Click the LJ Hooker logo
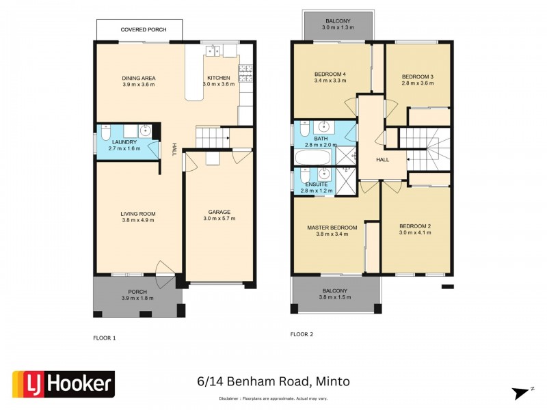click(64, 384)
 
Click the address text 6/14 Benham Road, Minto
click(273, 381)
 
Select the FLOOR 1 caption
click(105, 338)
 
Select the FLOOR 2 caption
click(302, 334)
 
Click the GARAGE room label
click(219, 212)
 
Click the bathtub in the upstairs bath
click(313, 158)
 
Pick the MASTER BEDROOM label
click(332, 227)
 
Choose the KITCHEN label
click(219, 77)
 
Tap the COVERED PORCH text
click(139, 30)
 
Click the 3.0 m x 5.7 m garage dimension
click(219, 219)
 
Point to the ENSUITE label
click(316, 184)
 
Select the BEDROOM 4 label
click(331, 74)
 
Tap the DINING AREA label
click(138, 78)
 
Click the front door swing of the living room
click(164, 269)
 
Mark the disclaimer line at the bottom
click(273, 398)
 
